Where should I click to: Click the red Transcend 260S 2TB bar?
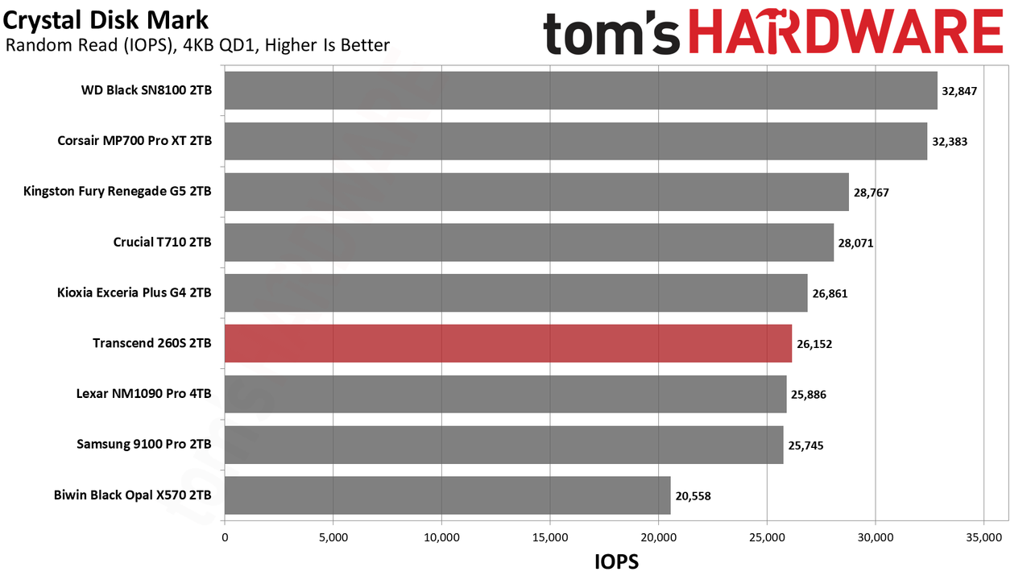(508, 343)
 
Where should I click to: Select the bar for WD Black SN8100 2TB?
(581, 90)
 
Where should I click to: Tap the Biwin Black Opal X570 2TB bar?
(447, 495)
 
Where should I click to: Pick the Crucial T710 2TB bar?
(529, 242)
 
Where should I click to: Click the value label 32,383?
(950, 142)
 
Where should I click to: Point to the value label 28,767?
(872, 193)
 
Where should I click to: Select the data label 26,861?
(830, 294)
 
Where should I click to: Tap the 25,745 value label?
(806, 445)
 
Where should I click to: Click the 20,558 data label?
(694, 496)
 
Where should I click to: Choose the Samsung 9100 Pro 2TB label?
(144, 444)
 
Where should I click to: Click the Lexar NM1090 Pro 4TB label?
(144, 394)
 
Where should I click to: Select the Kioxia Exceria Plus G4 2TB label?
(135, 292)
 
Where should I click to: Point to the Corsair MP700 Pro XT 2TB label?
(135, 140)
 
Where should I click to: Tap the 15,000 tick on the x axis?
(550, 537)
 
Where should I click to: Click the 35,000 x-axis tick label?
(984, 537)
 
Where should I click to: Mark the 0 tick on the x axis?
(225, 537)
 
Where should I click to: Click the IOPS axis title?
(617, 562)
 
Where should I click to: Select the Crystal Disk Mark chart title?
(106, 20)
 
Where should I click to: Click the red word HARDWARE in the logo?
(846, 32)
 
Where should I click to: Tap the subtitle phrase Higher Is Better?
(328, 45)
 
